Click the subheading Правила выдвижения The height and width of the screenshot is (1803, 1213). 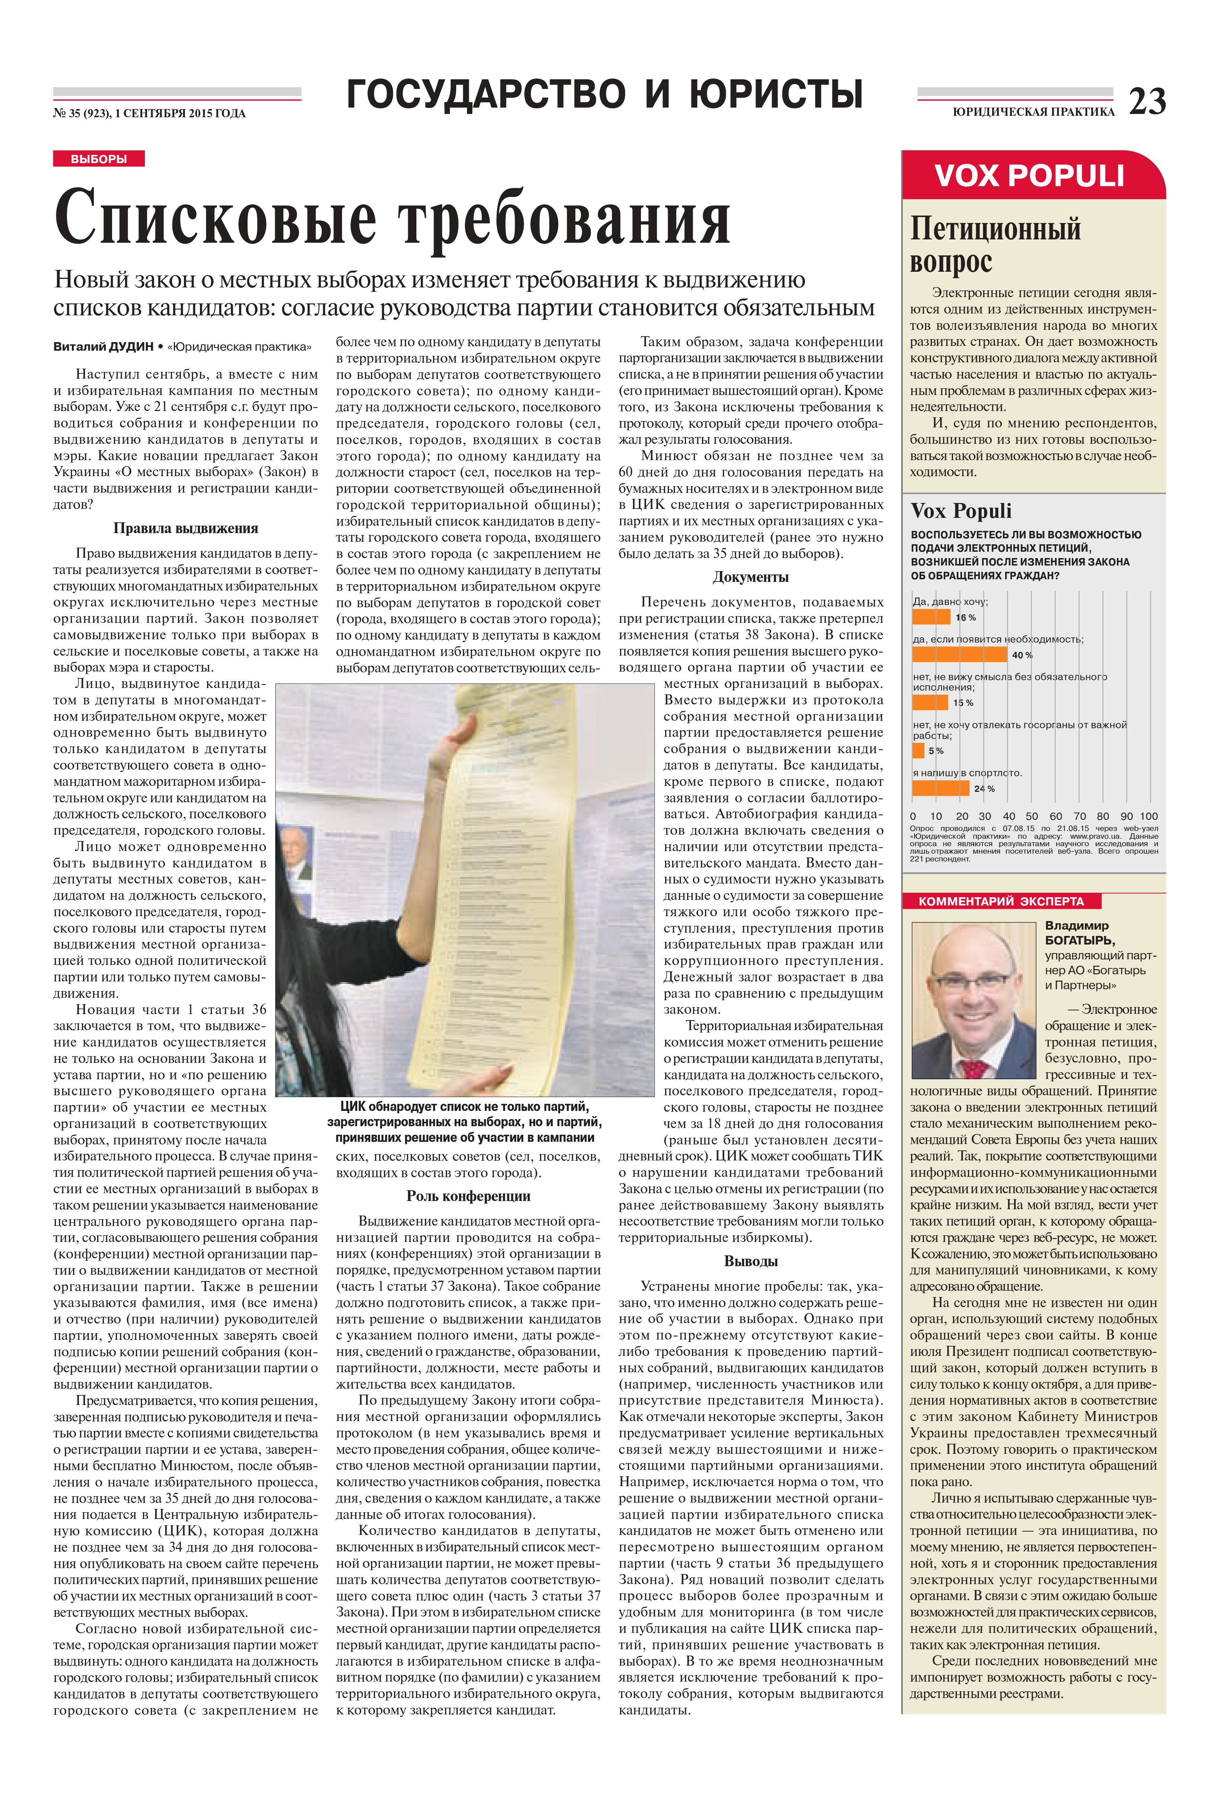coord(186,529)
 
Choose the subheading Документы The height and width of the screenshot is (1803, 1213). coord(750,577)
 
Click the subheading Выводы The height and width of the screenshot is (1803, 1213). coord(750,1261)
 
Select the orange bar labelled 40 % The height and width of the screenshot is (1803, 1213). coord(959,655)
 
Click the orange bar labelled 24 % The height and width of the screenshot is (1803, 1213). coord(940,788)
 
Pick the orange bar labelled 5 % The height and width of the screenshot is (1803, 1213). coord(918,750)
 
